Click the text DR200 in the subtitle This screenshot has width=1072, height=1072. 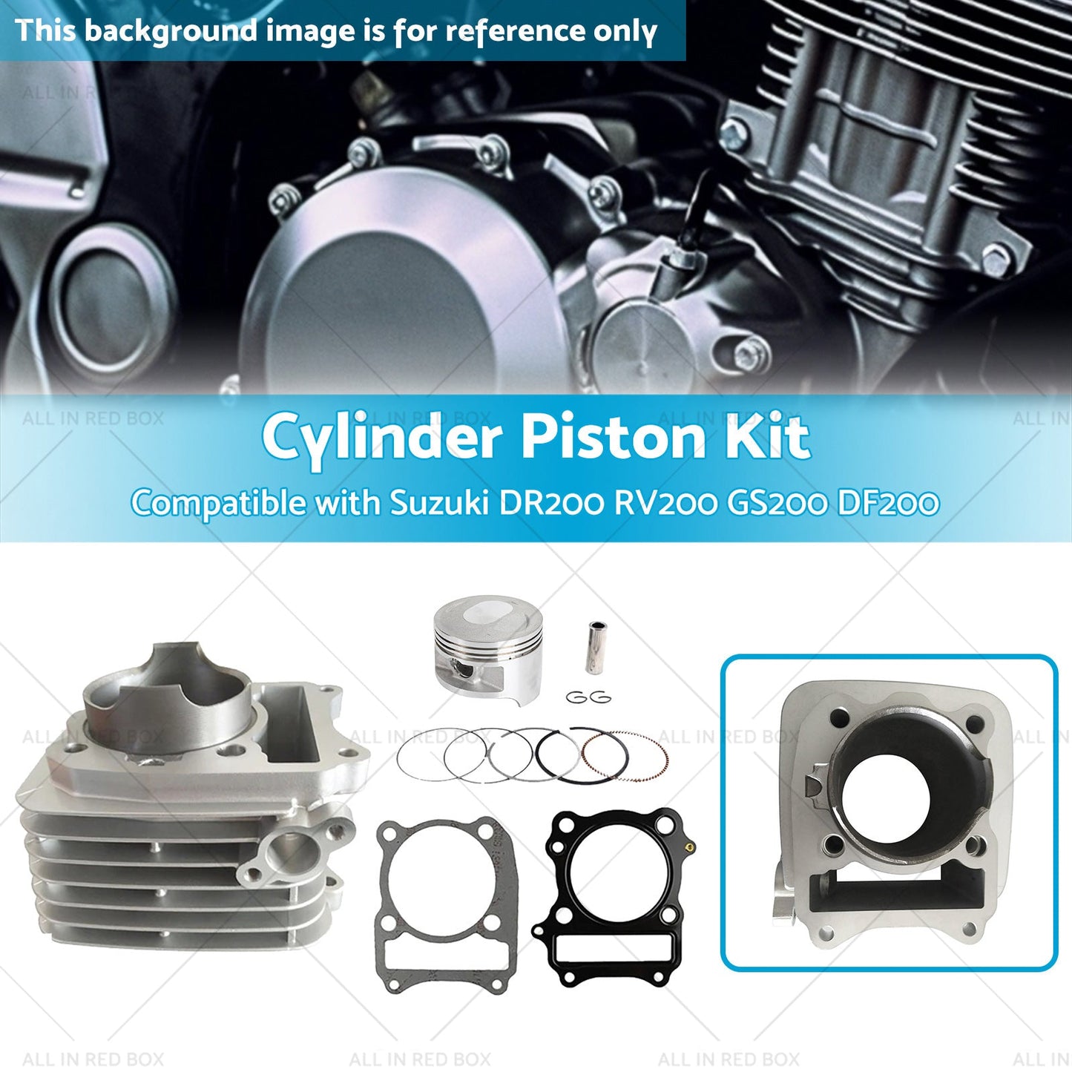pyautogui.click(x=550, y=504)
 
